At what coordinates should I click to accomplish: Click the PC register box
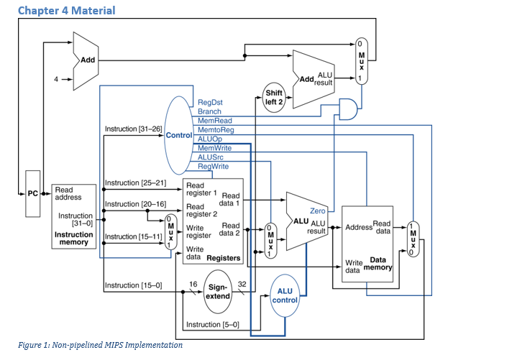[32, 194]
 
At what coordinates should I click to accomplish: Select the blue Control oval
[179, 134]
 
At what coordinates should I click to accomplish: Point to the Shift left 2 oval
[274, 97]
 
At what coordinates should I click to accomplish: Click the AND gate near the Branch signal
[348, 109]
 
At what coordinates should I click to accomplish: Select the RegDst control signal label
[210, 103]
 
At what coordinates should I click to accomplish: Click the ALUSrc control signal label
[211, 157]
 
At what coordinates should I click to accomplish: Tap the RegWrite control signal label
[213, 166]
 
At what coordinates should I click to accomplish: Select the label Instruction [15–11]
[134, 236]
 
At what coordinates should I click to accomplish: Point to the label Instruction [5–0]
[212, 326]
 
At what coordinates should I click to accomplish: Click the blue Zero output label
[318, 211]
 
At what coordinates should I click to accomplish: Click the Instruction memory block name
[73, 239]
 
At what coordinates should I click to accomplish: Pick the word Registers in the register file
[223, 257]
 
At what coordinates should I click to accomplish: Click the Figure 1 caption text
[100, 345]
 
